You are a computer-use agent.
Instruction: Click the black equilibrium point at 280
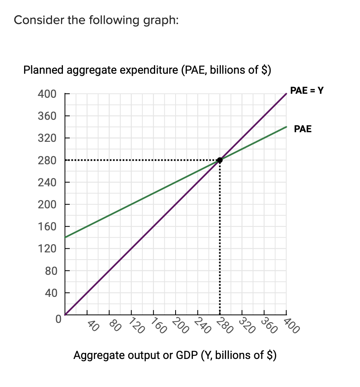pyautogui.click(x=220, y=160)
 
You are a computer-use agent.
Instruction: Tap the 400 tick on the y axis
pyautogui.click(x=47, y=95)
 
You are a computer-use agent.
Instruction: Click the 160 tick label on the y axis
pyautogui.click(x=47, y=227)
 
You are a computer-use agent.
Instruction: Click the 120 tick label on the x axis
pyautogui.click(x=136, y=326)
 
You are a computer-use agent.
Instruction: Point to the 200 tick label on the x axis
pyautogui.click(x=180, y=326)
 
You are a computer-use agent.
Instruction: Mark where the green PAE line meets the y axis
pyautogui.click(x=65, y=237)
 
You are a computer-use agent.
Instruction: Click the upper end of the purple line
pyautogui.click(x=286, y=94)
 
